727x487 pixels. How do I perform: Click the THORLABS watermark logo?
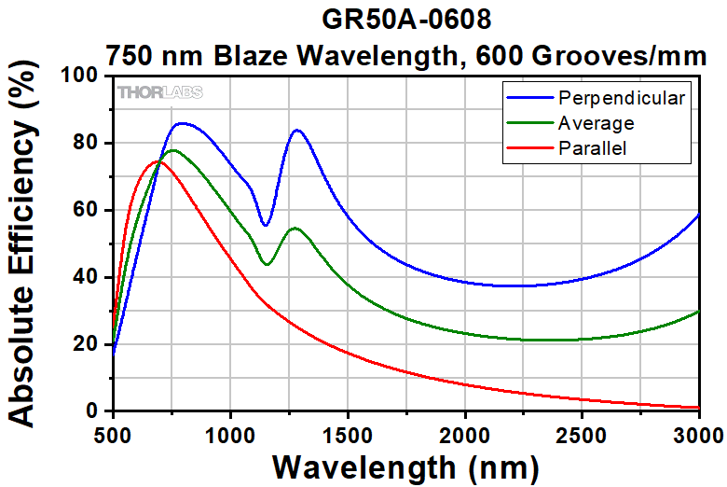(x=159, y=92)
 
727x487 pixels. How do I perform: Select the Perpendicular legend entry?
(x=622, y=98)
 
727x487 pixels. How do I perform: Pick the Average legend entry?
(x=597, y=123)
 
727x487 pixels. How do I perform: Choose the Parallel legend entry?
(x=592, y=147)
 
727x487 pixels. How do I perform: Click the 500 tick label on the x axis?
(x=112, y=434)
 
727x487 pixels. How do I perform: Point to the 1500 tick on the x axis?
(x=347, y=434)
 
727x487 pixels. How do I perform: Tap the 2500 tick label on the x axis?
(x=582, y=434)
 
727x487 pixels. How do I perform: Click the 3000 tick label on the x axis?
(x=698, y=434)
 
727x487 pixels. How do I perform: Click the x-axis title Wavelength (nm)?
(x=405, y=466)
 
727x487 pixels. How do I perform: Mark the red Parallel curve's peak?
(x=157, y=161)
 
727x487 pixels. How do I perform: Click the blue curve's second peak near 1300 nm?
(x=296, y=130)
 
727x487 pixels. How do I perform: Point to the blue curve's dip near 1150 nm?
(x=266, y=225)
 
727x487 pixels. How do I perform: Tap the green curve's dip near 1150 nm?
(x=267, y=264)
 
